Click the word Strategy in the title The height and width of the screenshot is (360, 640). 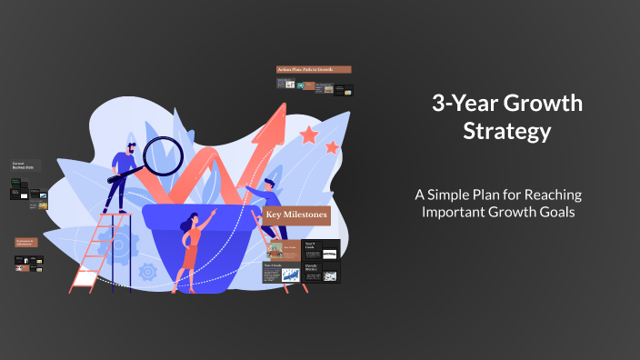click(x=506, y=132)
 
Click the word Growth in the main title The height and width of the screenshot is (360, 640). click(x=545, y=104)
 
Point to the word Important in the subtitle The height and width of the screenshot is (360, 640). click(x=458, y=212)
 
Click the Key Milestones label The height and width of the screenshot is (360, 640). click(x=296, y=215)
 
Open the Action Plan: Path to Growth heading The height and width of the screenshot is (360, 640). click(x=314, y=69)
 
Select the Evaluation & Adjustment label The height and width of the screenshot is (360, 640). click(x=28, y=242)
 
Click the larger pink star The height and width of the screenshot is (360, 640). click(x=309, y=135)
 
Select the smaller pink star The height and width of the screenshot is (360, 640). click(x=333, y=146)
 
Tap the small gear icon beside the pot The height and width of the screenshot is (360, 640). click(x=147, y=271)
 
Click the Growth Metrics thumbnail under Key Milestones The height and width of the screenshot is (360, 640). click(x=329, y=271)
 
